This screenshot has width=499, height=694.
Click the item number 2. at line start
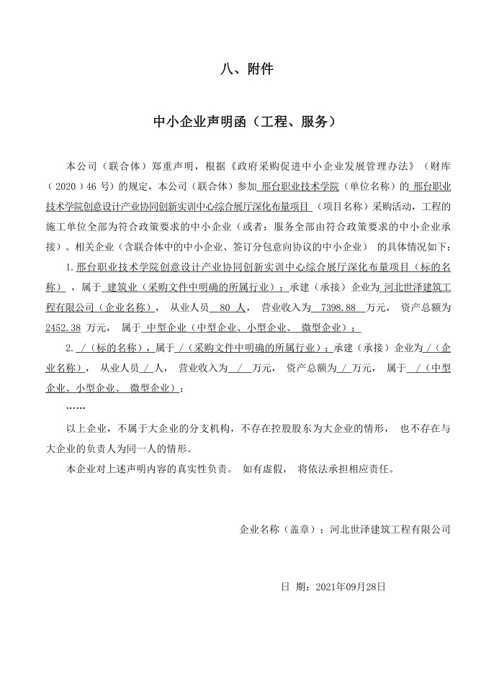(x=70, y=348)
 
